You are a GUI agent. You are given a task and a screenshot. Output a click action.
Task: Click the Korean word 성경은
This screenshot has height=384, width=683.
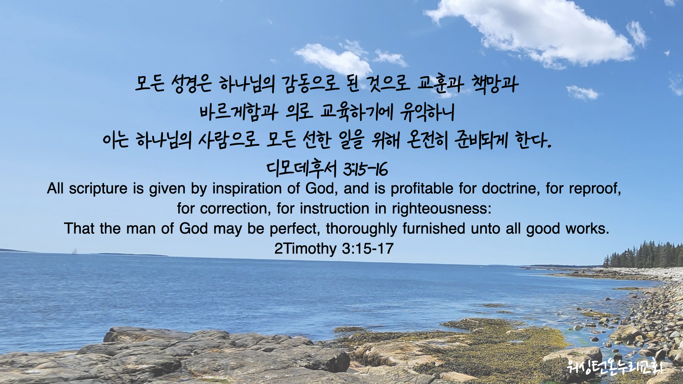[x=191, y=84]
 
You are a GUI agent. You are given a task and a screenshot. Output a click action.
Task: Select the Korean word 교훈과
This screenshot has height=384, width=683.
[x=440, y=84]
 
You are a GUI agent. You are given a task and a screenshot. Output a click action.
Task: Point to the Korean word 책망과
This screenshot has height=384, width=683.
[x=495, y=84]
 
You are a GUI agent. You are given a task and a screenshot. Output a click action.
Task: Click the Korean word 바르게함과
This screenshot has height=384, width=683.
[x=239, y=112]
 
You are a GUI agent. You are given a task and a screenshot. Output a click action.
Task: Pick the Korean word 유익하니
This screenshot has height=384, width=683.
[x=427, y=112]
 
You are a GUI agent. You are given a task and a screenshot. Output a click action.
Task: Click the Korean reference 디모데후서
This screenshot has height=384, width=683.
[x=302, y=169]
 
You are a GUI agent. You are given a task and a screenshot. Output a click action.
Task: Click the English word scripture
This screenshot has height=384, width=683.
[x=98, y=189]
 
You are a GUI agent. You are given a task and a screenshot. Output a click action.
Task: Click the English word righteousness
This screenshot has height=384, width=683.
[x=441, y=209]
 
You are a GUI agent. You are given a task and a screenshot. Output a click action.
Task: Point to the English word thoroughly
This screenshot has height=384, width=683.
[x=361, y=229]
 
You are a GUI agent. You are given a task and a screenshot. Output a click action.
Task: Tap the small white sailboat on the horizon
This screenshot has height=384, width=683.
[x=74, y=251]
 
